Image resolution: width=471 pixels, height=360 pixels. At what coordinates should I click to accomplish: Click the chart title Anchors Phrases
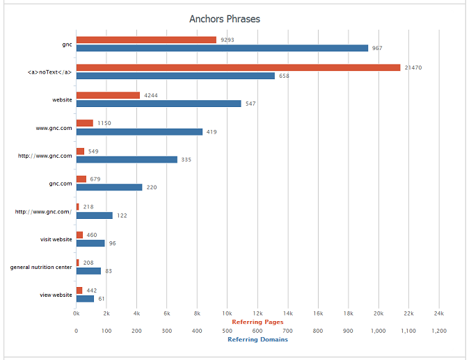click(225, 19)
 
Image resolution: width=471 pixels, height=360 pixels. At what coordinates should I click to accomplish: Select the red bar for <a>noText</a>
click(238, 67)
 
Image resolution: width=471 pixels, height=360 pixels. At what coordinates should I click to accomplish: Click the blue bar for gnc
click(222, 48)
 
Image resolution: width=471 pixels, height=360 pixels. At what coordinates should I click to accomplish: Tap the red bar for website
click(108, 95)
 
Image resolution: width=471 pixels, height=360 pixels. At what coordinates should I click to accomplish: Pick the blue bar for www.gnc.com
click(139, 131)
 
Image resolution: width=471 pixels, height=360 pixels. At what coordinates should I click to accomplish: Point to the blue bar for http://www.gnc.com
click(127, 159)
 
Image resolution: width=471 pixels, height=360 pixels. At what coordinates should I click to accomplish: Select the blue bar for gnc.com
click(109, 187)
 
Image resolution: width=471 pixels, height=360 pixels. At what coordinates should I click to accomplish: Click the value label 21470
click(413, 67)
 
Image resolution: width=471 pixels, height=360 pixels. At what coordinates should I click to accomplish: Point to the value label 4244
click(152, 95)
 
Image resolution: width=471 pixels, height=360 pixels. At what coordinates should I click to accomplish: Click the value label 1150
click(104, 123)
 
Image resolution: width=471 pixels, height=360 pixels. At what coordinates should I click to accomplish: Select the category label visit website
click(56, 239)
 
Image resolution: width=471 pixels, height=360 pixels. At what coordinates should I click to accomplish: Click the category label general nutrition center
click(41, 267)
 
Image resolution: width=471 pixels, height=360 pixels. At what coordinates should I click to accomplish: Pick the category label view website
click(56, 295)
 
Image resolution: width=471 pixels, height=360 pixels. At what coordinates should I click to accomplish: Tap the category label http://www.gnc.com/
click(43, 211)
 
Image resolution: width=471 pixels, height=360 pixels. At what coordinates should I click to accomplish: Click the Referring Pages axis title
click(257, 322)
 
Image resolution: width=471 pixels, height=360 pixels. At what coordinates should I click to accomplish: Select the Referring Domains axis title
click(257, 339)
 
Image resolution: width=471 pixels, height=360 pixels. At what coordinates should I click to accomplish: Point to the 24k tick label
click(438, 313)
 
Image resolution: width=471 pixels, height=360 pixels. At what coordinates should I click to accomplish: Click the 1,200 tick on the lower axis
click(438, 331)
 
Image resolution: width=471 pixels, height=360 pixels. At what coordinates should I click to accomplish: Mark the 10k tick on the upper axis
click(227, 313)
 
